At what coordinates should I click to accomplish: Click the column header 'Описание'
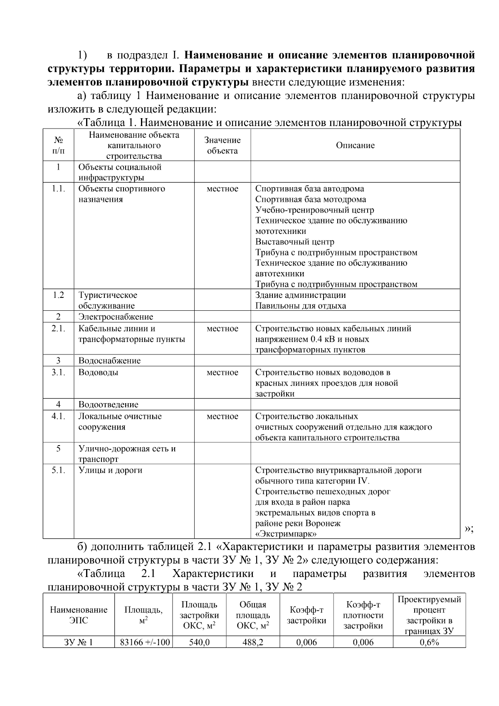click(355, 145)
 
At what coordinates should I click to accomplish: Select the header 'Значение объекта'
click(222, 145)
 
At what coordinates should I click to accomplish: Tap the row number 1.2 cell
click(58, 295)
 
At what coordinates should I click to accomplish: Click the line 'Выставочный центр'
click(294, 242)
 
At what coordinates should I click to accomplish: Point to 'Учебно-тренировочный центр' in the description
click(314, 210)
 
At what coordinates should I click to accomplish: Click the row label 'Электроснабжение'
click(116, 317)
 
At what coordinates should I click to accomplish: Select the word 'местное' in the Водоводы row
click(222, 372)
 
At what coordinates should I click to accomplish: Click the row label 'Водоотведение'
click(108, 404)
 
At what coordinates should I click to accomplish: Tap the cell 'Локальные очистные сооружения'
click(120, 421)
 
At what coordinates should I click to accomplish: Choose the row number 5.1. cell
click(58, 470)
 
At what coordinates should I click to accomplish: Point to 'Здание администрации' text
click(300, 295)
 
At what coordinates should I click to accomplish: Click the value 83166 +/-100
click(145, 642)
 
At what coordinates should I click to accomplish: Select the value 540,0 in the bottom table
click(199, 642)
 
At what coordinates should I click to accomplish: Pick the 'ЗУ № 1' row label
click(79, 642)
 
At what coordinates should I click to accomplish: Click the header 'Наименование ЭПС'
click(79, 615)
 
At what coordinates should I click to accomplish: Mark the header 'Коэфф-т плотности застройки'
click(363, 615)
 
